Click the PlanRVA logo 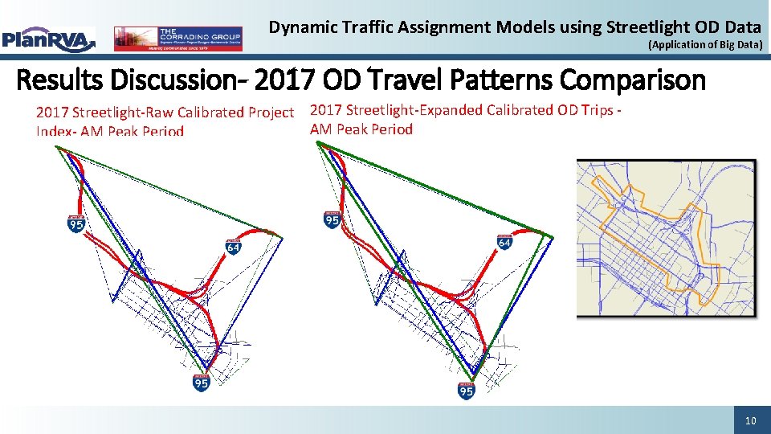[48, 38]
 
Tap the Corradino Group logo [177, 38]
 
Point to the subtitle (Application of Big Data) [704, 46]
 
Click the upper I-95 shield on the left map [76, 223]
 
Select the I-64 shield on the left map [233, 247]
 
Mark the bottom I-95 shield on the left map [202, 383]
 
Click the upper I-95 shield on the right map [331, 219]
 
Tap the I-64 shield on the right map [504, 241]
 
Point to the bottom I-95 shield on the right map [466, 391]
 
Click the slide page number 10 [750, 420]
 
